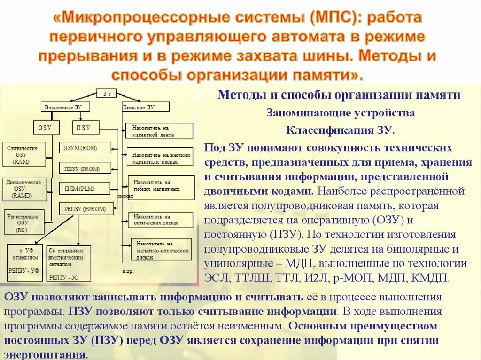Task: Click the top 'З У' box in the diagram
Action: (x=107, y=93)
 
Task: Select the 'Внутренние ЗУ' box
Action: (x=63, y=107)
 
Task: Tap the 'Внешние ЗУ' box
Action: (x=139, y=107)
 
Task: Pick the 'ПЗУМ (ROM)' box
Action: (x=85, y=148)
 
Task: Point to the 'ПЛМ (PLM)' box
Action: (x=85, y=188)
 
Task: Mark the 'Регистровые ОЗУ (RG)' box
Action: (x=22, y=223)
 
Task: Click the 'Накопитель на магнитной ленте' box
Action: (x=159, y=130)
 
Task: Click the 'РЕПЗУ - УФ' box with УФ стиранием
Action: (x=24, y=262)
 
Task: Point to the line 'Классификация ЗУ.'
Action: (x=341, y=130)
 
